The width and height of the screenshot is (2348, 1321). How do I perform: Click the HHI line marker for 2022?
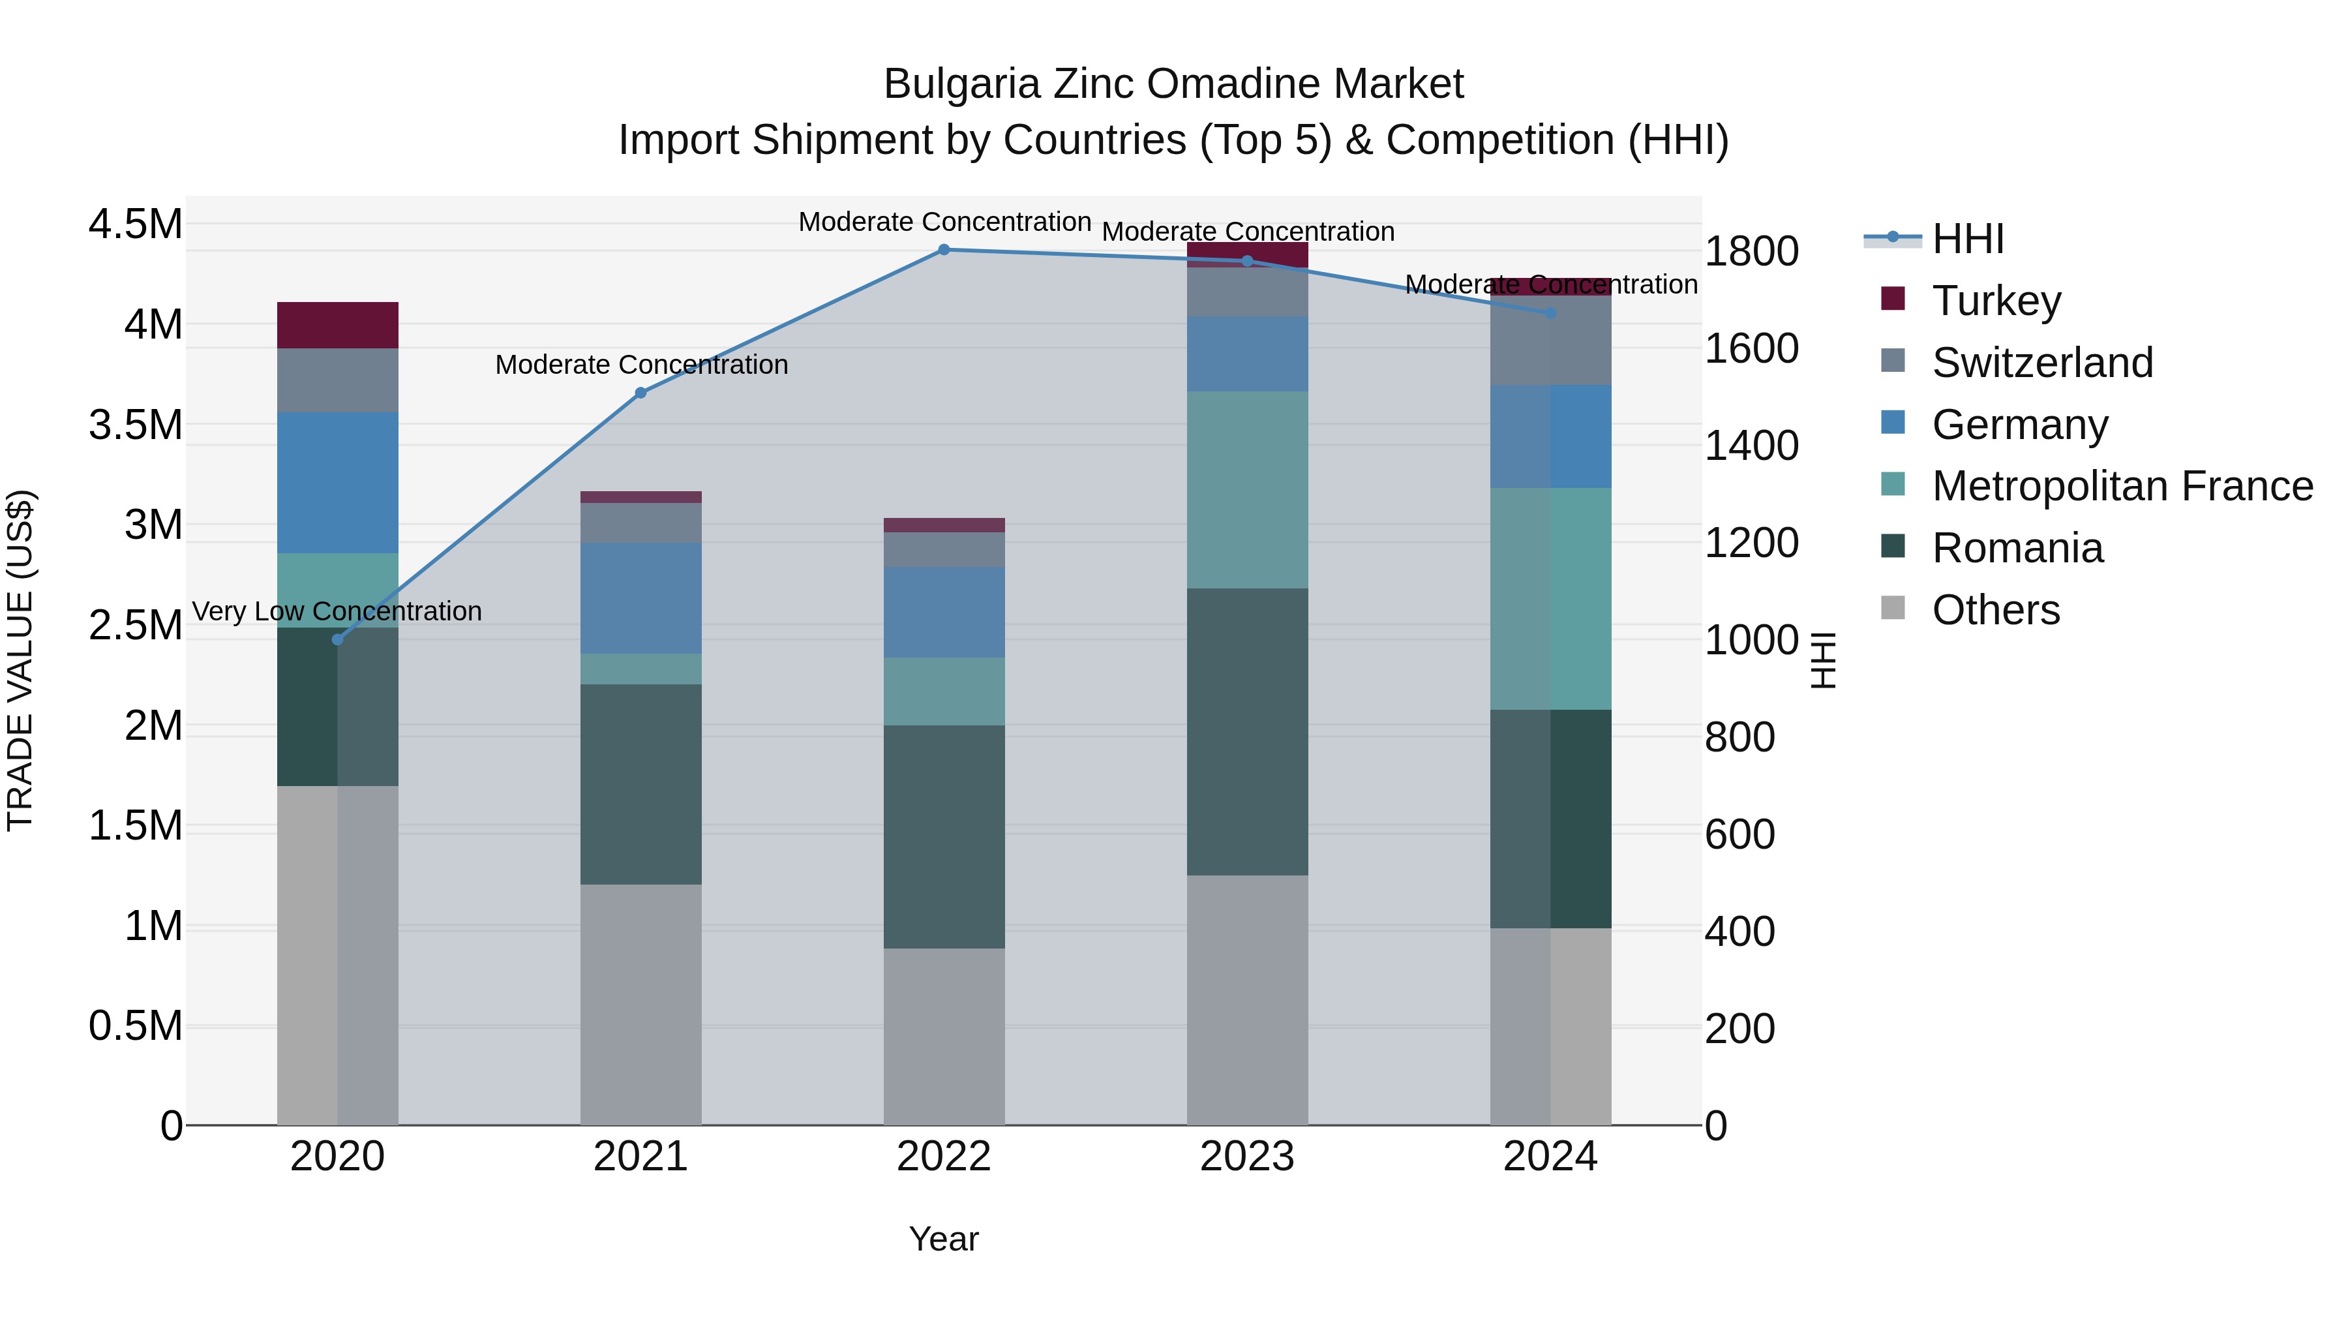[x=944, y=250]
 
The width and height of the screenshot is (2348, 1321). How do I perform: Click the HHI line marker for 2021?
[x=640, y=393]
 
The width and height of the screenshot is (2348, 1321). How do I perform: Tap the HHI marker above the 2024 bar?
[x=1550, y=312]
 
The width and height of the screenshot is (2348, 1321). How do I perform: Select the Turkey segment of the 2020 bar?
[x=337, y=326]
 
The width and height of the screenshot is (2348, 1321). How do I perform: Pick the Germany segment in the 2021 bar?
[x=640, y=598]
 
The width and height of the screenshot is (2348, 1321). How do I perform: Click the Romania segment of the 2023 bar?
[x=1247, y=731]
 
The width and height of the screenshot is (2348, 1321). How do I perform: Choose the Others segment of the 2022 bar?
[x=944, y=1036]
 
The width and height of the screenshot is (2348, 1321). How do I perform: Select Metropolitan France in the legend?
[x=2121, y=486]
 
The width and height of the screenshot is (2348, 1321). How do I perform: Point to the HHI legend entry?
[x=1967, y=239]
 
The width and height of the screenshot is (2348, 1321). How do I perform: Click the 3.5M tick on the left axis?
[x=135, y=425]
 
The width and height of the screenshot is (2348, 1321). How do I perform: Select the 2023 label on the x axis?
[x=1247, y=1157]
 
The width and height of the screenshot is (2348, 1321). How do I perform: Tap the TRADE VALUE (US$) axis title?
[x=20, y=660]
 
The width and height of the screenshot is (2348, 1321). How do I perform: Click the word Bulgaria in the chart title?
[x=961, y=84]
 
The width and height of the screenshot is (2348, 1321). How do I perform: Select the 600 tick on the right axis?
[x=1739, y=834]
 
